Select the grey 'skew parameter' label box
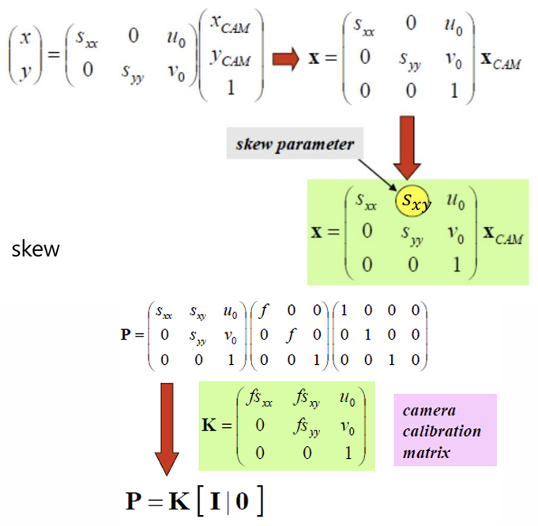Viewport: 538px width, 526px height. coord(295,145)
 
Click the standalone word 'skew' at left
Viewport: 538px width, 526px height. coord(36,250)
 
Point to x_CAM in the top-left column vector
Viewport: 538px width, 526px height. coord(231,27)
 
